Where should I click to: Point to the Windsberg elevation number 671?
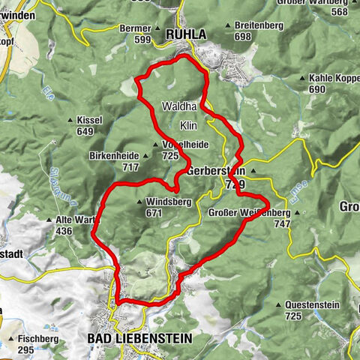[154, 213]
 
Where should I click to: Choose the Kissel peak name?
[90, 121]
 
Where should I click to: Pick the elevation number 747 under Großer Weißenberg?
[282, 223]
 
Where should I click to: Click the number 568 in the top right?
[339, 11]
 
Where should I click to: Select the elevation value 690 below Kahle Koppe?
[316, 89]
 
